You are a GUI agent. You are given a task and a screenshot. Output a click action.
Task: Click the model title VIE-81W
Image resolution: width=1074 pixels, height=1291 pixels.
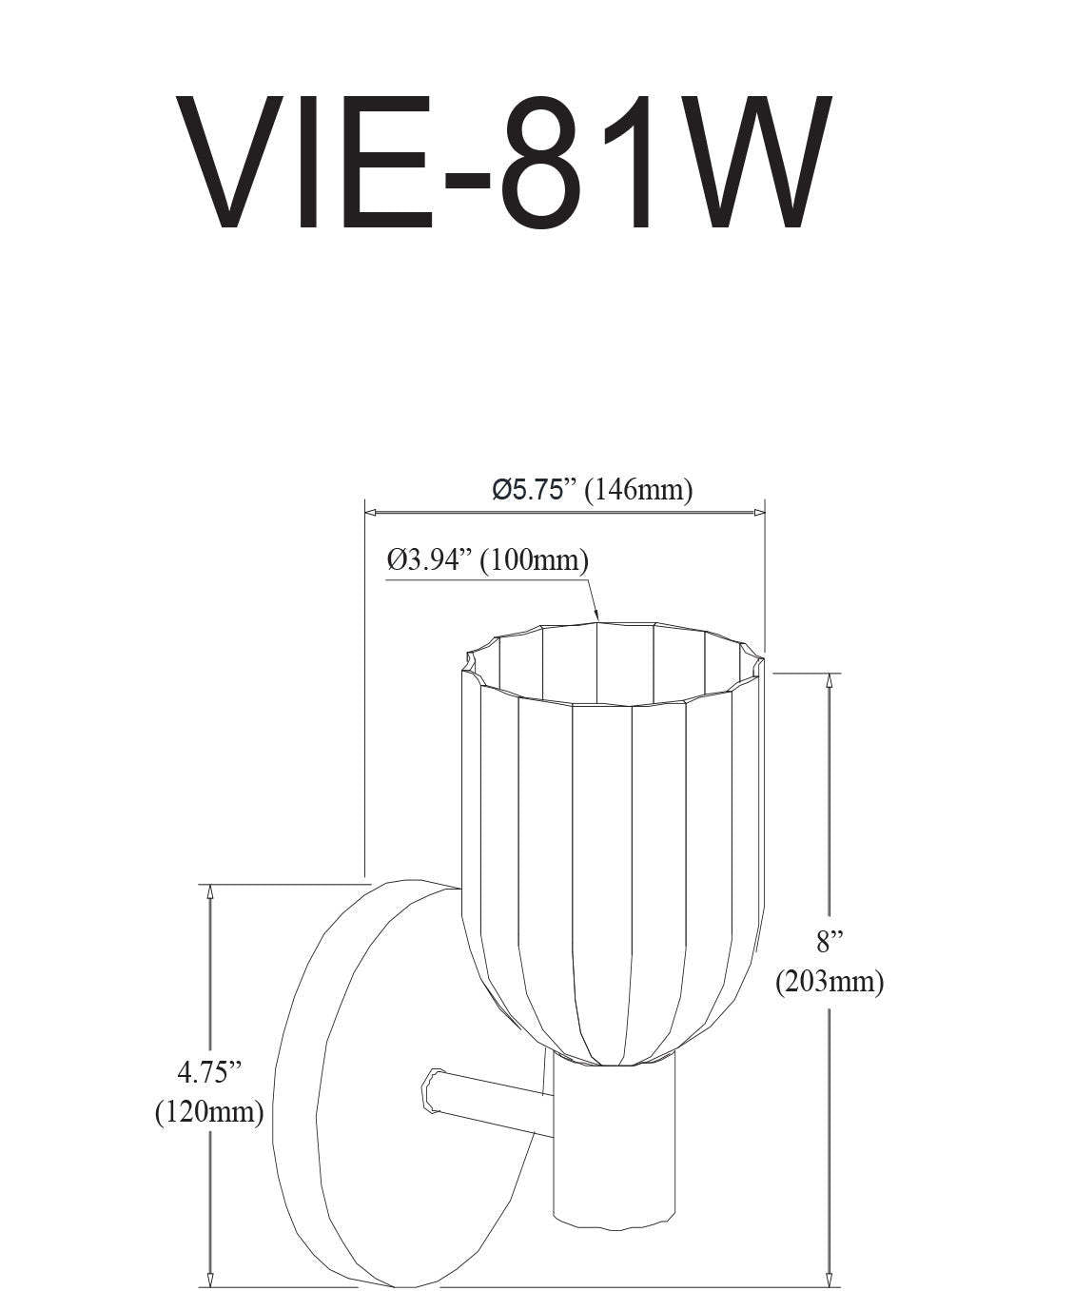501,164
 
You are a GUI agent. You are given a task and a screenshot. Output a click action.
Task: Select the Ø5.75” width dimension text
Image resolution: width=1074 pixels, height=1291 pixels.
535,489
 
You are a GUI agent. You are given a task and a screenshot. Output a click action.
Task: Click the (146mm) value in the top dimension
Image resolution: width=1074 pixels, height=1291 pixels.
638,489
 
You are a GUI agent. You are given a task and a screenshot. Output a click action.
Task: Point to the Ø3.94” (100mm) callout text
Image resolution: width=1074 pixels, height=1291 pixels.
487,559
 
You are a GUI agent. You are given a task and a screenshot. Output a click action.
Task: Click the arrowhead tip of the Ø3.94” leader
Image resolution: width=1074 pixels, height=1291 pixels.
597,618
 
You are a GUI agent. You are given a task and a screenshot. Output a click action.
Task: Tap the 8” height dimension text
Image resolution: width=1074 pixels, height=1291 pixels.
830,942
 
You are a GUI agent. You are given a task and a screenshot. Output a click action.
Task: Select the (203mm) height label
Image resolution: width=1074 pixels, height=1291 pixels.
830,981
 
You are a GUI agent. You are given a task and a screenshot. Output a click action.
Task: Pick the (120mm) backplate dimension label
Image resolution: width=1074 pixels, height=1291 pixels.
209,1110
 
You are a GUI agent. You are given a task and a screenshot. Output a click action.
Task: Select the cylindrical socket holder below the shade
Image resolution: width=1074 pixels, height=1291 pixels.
615,1142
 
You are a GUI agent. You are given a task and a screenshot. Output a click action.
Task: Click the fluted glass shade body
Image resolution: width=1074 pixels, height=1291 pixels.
609,856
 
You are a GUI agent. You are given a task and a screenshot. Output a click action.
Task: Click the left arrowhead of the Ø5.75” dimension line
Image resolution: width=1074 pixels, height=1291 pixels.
370,513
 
